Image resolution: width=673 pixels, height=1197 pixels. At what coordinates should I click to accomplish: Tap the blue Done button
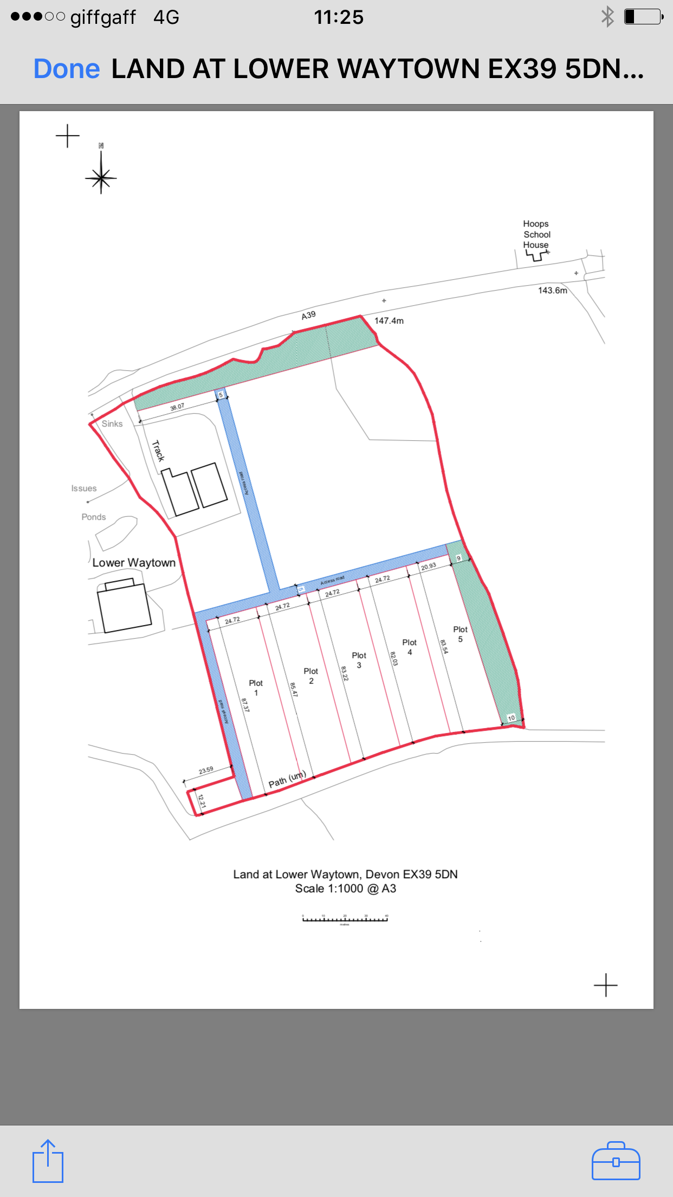pyautogui.click(x=67, y=69)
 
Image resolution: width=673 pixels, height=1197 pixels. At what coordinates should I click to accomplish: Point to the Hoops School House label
pyautogui.click(x=536, y=234)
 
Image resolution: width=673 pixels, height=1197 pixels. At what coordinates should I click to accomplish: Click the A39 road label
pyautogui.click(x=308, y=315)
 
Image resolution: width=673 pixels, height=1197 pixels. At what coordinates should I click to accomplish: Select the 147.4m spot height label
pyautogui.click(x=389, y=320)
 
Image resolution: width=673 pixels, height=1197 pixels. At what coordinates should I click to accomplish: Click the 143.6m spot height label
pyautogui.click(x=552, y=291)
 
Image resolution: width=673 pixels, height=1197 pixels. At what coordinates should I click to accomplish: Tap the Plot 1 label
pyautogui.click(x=256, y=687)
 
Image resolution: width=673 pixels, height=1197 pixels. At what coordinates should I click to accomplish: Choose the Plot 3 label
pyautogui.click(x=359, y=660)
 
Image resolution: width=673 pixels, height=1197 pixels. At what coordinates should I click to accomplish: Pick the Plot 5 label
pyautogui.click(x=460, y=634)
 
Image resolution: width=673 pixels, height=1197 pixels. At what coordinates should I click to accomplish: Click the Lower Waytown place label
pyautogui.click(x=134, y=563)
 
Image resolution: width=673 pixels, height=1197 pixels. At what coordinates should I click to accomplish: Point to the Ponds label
pyautogui.click(x=94, y=517)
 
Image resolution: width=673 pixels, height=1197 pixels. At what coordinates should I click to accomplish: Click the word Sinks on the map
pyautogui.click(x=112, y=424)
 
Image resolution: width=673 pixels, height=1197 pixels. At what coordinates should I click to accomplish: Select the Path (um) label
pyautogui.click(x=287, y=780)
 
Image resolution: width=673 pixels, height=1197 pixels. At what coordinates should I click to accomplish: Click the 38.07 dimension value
pyautogui.click(x=177, y=407)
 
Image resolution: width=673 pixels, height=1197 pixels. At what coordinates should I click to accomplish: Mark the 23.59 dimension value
pyautogui.click(x=206, y=770)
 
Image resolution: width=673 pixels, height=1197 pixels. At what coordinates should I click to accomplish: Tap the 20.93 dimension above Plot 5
pyautogui.click(x=429, y=567)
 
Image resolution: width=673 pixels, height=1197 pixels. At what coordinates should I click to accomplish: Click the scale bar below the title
pyautogui.click(x=345, y=918)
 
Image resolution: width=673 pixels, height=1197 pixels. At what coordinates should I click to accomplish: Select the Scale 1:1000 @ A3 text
pyautogui.click(x=345, y=889)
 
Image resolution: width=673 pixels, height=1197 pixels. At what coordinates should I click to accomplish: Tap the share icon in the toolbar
pyautogui.click(x=48, y=1161)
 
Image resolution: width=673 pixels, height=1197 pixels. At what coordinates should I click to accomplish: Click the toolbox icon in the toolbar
pyautogui.click(x=616, y=1161)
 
